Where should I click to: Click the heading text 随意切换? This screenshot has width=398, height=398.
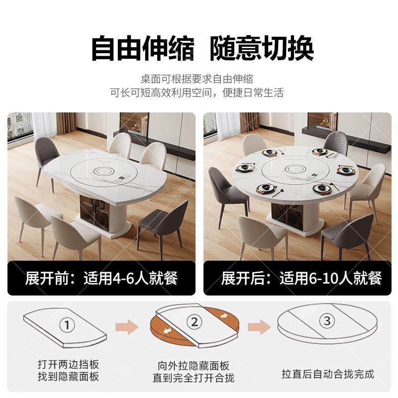pos(261,48)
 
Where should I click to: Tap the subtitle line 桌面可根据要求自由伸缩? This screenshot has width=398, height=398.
pos(197,79)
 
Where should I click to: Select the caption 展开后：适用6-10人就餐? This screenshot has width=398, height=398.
pos(297,277)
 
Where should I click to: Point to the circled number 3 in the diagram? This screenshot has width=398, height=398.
pos(327,321)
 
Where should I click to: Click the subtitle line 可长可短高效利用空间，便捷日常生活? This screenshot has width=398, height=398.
pos(197,93)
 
